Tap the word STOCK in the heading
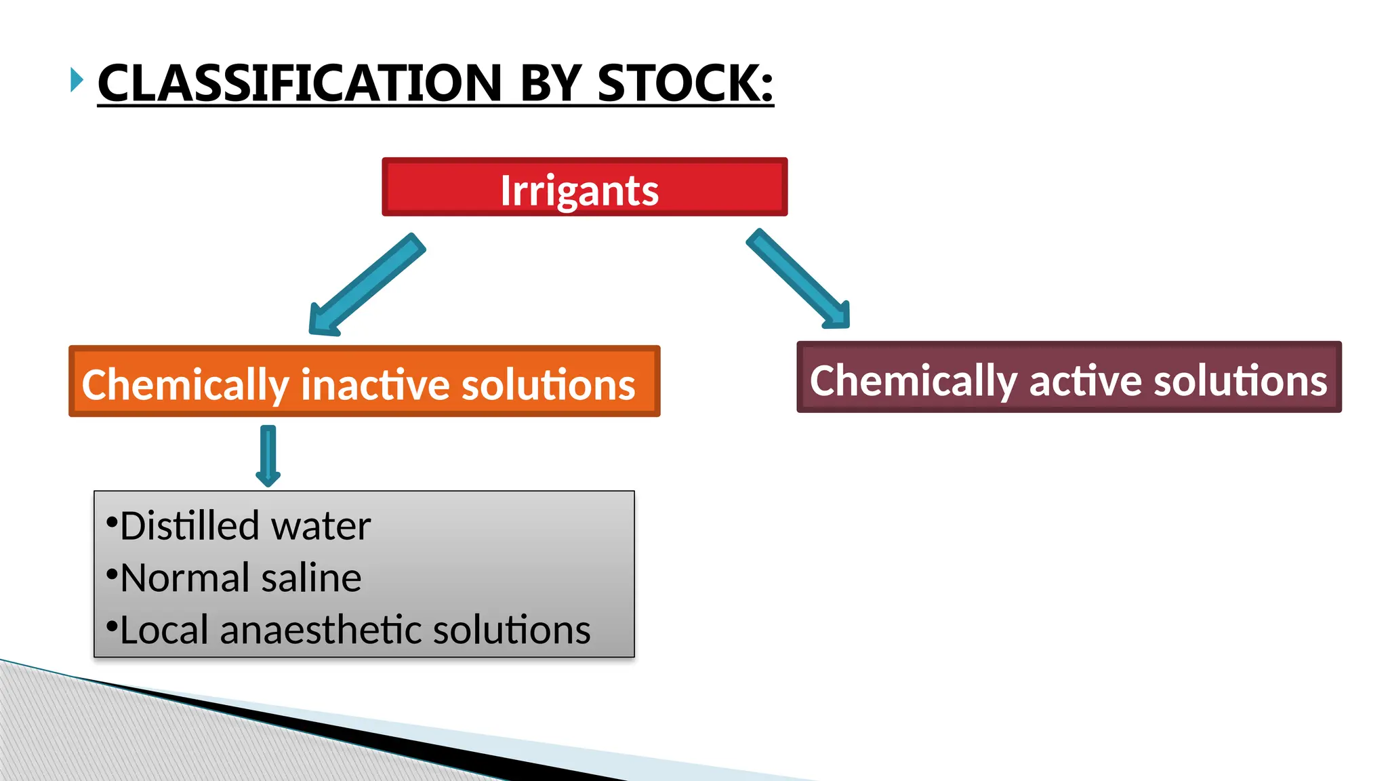click(x=685, y=83)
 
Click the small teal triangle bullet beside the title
click(x=77, y=80)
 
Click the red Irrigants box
click(x=584, y=188)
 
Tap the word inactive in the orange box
click(x=375, y=384)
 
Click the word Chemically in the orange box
click(x=185, y=384)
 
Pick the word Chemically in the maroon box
click(x=913, y=380)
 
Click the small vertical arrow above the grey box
click(x=268, y=455)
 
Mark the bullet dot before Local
click(x=112, y=626)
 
